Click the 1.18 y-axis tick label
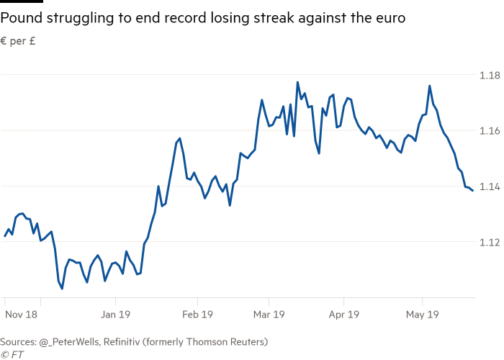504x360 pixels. pyautogui.click(x=490, y=75)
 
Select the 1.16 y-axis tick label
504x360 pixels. pyautogui.click(x=490, y=130)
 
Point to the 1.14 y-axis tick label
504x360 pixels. pyautogui.click(x=490, y=186)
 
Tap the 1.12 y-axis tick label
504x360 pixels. pyautogui.click(x=490, y=241)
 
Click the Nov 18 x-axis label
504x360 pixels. pyautogui.click(x=21, y=314)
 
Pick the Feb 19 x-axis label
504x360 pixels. pyautogui.click(x=197, y=314)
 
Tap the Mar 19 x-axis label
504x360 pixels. pyautogui.click(x=269, y=314)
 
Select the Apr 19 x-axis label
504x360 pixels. pyautogui.click(x=343, y=314)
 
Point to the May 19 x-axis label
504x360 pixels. pyautogui.click(x=423, y=314)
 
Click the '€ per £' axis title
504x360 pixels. pyautogui.click(x=19, y=42)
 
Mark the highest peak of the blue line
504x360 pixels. pyautogui.click(x=297, y=82)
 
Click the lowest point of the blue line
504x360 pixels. pyautogui.click(x=62, y=289)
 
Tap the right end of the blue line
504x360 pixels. pyautogui.click(x=472, y=191)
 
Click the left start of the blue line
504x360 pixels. pyautogui.click(x=4, y=235)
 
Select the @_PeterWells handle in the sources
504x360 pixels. pyautogui.click(x=72, y=341)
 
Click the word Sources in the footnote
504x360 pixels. pyautogui.click(x=18, y=341)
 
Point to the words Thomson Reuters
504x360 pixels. pyautogui.click(x=230, y=341)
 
